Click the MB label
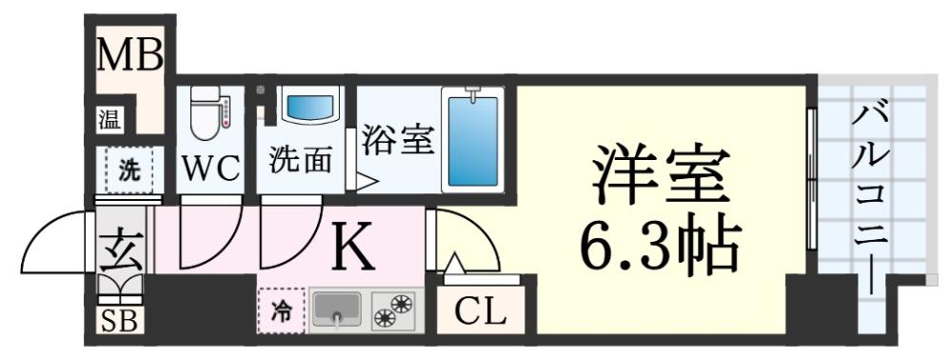click(x=130, y=55)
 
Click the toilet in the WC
click(x=208, y=113)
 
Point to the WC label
click(x=210, y=170)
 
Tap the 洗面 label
click(x=300, y=159)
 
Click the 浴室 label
click(x=397, y=140)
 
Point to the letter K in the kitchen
click(x=353, y=250)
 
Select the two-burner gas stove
click(x=395, y=310)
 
